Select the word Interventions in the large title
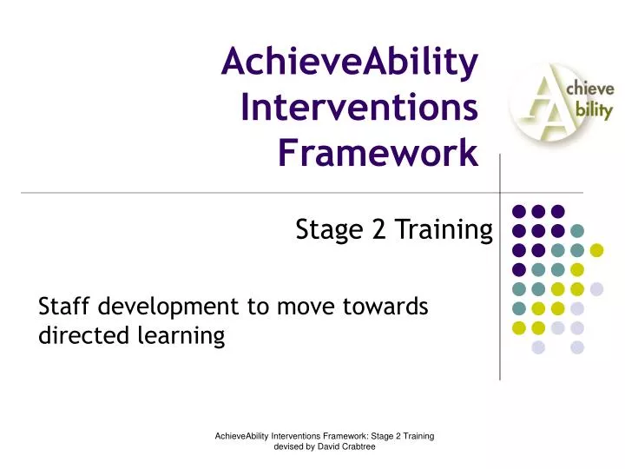point(359,109)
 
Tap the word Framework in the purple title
point(378,155)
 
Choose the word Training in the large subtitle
point(441,231)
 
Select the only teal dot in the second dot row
point(577,231)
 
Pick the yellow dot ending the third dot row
point(596,250)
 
